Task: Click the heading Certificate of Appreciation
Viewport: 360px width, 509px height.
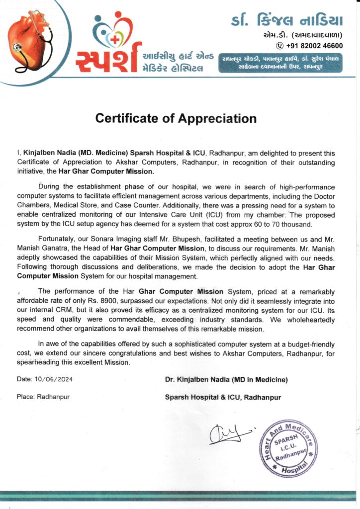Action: [x=176, y=119]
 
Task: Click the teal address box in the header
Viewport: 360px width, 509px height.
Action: [x=281, y=63]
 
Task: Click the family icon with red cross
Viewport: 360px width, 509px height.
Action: [x=113, y=31]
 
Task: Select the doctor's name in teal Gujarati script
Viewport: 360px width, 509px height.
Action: [x=287, y=20]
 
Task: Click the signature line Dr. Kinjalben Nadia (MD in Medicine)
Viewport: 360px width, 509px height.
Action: [x=226, y=379]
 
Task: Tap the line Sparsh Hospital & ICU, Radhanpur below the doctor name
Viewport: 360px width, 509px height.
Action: [x=223, y=397]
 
